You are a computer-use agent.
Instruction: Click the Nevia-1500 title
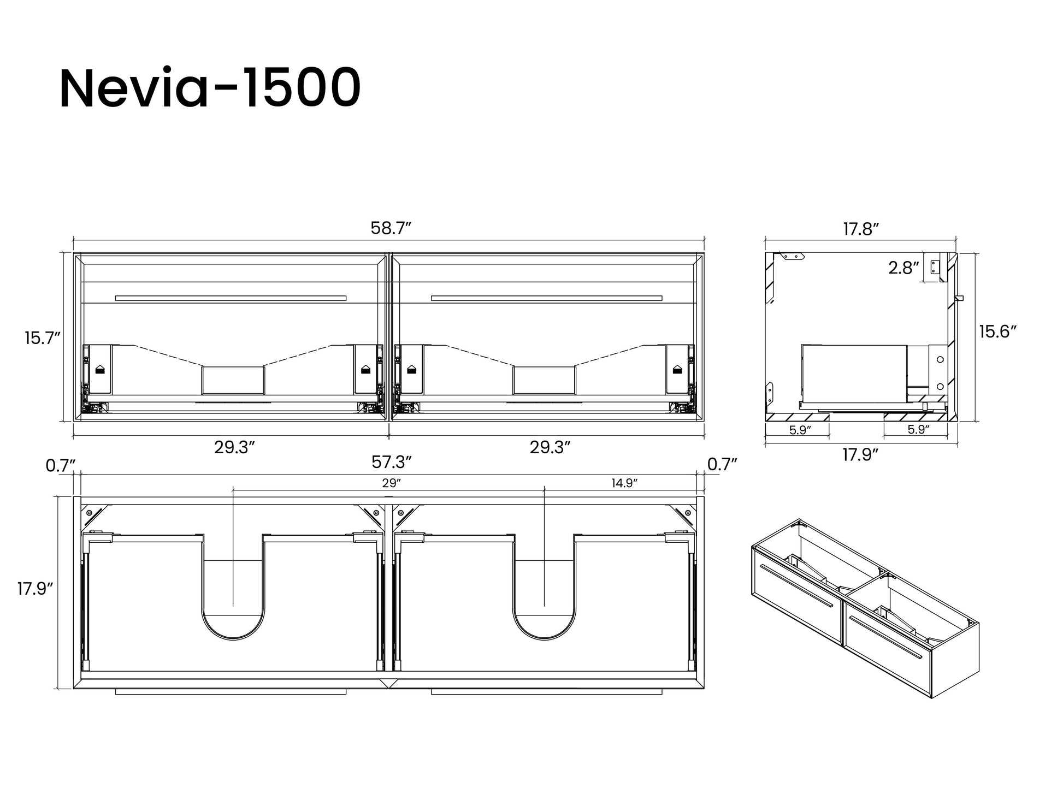tap(210, 89)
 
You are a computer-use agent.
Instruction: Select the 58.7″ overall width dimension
tap(390, 228)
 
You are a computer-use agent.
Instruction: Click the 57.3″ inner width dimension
tap(391, 463)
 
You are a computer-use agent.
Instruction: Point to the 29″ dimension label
tap(391, 483)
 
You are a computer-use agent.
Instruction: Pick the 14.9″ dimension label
tap(624, 483)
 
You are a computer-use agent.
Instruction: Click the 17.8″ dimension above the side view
tap(860, 229)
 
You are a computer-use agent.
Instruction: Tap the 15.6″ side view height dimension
tap(997, 331)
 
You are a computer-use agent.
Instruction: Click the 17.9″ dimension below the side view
tap(860, 454)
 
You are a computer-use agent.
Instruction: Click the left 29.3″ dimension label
tap(234, 447)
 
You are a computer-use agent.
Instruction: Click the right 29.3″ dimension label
tap(550, 447)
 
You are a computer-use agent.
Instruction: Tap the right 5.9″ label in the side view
tap(918, 430)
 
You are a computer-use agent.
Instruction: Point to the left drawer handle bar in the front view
tap(231, 298)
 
